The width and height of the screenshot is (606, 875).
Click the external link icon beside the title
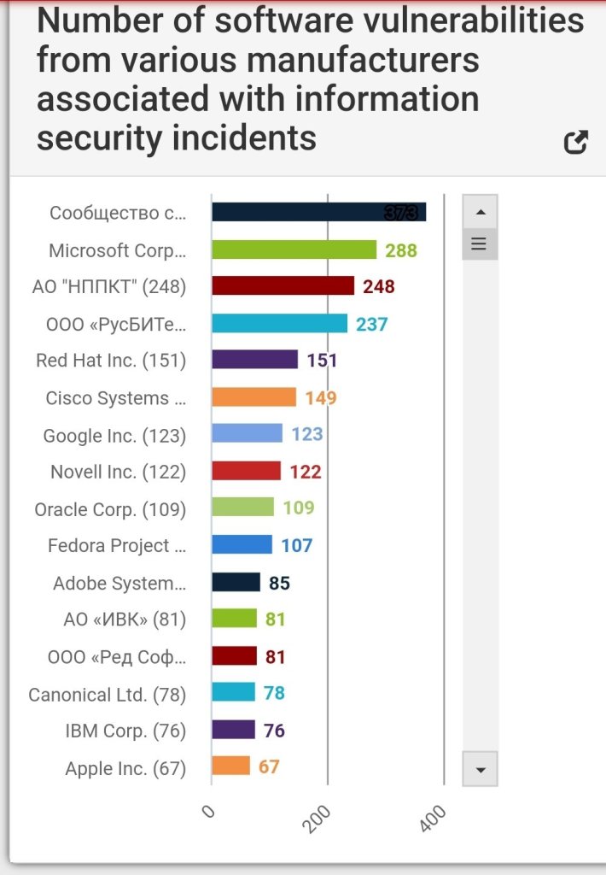[x=576, y=142]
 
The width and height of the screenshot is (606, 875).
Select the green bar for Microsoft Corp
[x=294, y=250]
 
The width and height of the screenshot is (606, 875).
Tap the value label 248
[x=379, y=287]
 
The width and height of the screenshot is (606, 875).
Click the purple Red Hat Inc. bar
[x=254, y=360]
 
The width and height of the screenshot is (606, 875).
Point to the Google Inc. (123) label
[x=114, y=436]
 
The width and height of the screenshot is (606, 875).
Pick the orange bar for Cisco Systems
[x=253, y=397]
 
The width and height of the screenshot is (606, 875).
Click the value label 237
[x=372, y=325]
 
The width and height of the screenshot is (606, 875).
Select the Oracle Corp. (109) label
[x=110, y=509]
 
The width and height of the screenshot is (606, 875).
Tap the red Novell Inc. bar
[x=246, y=471]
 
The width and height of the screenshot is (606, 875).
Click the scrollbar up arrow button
[x=480, y=212]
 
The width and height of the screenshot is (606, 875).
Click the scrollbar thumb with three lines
[x=479, y=244]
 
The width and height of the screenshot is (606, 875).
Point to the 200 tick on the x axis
[x=318, y=819]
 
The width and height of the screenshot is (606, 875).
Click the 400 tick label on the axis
[x=434, y=819]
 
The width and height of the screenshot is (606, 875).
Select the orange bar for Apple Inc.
[x=230, y=766]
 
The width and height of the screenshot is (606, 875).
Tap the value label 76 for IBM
[x=274, y=731]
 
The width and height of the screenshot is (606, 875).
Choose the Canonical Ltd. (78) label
[x=108, y=695]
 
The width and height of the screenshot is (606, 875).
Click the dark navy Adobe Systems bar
[x=236, y=583]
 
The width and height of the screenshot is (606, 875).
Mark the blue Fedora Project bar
[x=242, y=545]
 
